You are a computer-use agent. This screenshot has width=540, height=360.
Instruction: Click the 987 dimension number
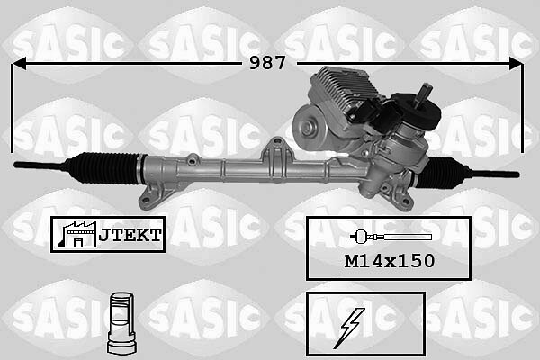pos(267,63)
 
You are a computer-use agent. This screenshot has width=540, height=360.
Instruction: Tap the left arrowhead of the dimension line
pos(19,64)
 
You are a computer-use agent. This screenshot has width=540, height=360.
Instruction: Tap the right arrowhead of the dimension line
pos(516,64)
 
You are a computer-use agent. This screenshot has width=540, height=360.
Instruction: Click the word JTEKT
pos(130,235)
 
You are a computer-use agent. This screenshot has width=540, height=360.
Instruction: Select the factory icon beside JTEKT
pos(77,235)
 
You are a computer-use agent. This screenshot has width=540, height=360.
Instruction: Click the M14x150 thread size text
pos(389,261)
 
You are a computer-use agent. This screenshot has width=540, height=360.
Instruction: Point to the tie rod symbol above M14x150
pos(391,237)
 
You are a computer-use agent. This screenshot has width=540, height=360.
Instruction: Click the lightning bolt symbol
pos(349,328)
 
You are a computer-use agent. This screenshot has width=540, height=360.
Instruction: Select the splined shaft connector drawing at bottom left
pos(121,323)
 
